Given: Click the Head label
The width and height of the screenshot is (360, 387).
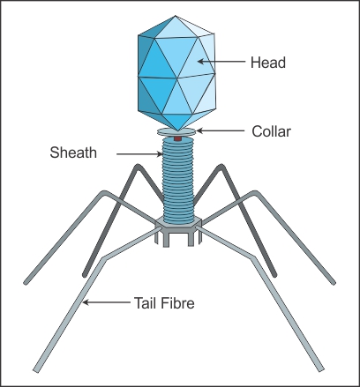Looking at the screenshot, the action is (268, 63).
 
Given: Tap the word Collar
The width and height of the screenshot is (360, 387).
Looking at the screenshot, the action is (271, 131).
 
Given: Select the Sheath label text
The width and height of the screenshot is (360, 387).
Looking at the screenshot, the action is (73, 153).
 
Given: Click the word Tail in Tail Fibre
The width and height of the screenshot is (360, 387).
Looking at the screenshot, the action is (146, 303).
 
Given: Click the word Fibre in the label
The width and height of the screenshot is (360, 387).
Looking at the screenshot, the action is (178, 303).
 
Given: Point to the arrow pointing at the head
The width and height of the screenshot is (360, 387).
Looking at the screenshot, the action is (221, 62).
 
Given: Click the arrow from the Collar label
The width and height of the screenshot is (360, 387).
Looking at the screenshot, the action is (221, 130).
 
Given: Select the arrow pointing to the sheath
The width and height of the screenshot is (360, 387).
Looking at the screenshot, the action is (139, 153).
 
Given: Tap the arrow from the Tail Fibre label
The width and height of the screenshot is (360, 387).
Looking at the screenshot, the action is (107, 301).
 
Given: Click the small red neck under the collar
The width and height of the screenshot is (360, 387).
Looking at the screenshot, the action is (177, 138).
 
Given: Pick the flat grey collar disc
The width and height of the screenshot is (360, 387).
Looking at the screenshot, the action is (176, 132).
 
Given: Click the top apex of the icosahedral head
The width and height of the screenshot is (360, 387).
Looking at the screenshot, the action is (176, 16).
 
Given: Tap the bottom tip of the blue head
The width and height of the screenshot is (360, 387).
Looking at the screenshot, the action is (176, 130).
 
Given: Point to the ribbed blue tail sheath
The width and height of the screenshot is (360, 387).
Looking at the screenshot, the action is (178, 180).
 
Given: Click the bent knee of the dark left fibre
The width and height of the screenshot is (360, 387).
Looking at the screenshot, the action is (137, 167).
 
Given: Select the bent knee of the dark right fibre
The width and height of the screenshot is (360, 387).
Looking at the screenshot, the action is (221, 167).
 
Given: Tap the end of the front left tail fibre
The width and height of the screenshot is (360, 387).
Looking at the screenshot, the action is (36, 370).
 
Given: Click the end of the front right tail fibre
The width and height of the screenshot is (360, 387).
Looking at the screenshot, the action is (320, 369).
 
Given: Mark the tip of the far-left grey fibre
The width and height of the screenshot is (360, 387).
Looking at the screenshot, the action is (26, 283).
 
